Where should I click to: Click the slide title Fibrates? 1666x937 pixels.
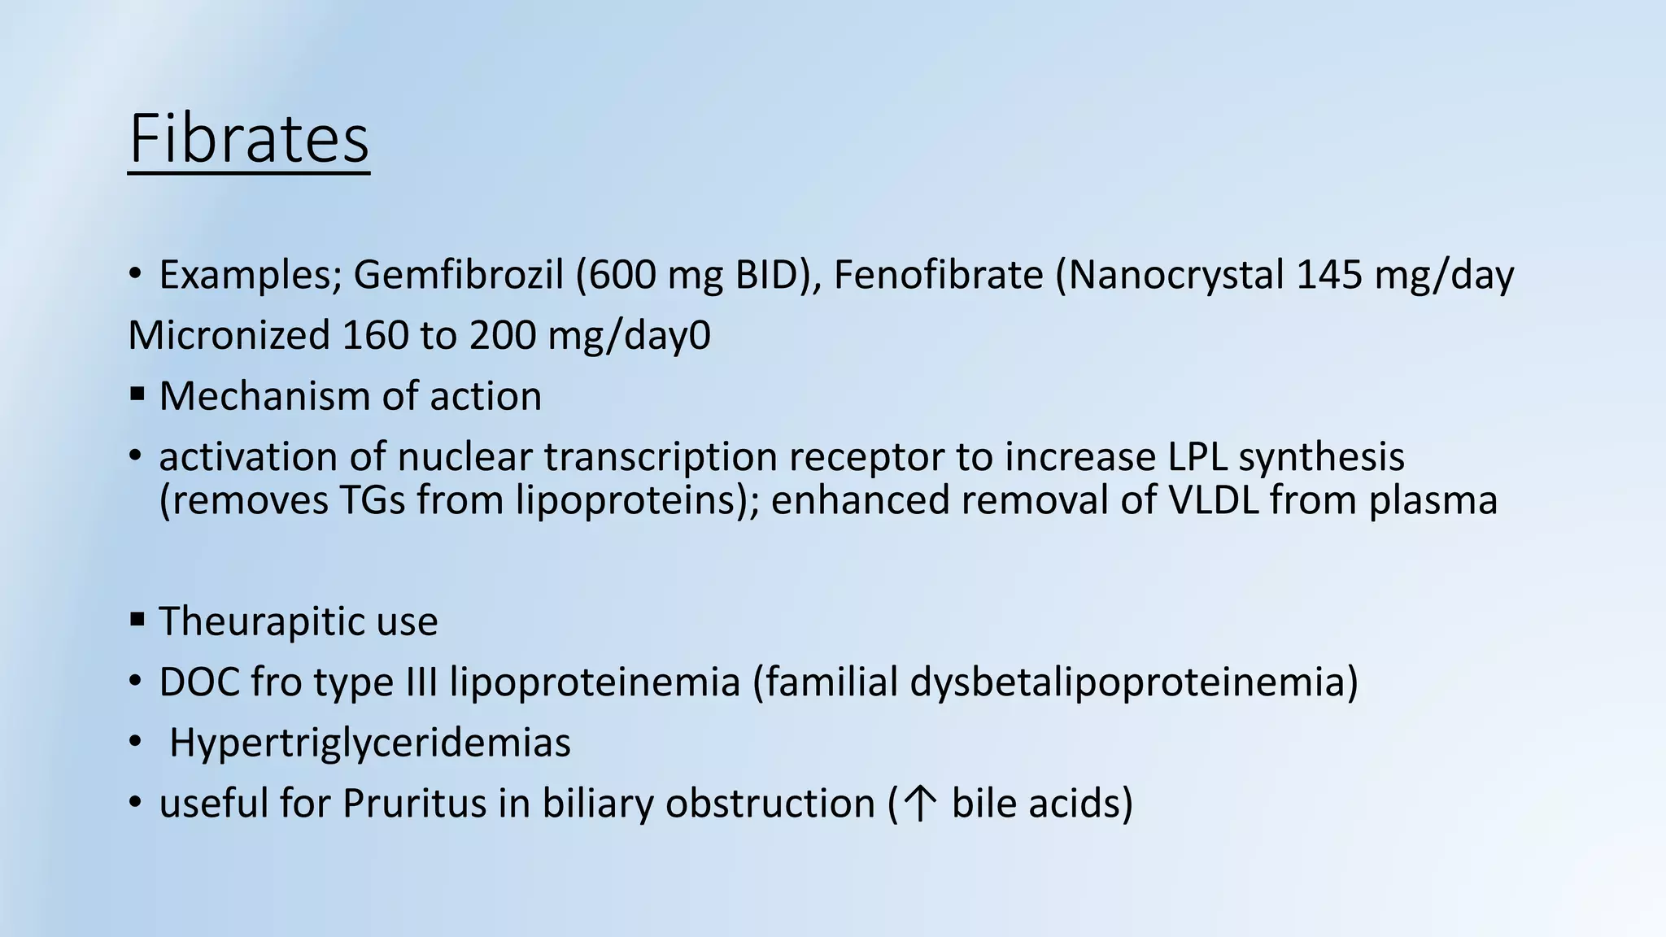249,139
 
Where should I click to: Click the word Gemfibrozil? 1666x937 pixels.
458,275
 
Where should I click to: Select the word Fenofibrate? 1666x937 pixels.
938,275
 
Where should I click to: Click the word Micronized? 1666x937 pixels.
229,335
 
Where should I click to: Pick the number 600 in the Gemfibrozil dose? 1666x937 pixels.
621,275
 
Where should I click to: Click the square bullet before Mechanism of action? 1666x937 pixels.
137,395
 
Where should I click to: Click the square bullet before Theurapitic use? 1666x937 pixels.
137,621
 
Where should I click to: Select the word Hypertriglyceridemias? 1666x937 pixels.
370,743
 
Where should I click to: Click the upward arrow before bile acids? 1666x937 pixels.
920,804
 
